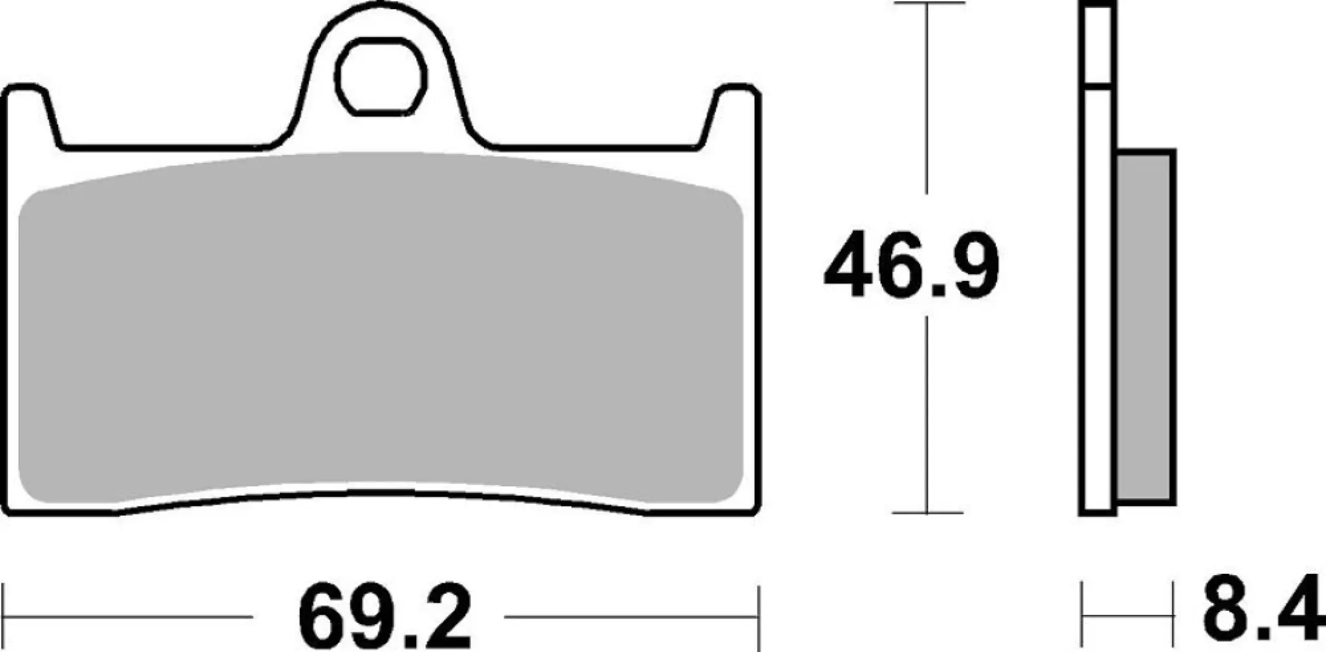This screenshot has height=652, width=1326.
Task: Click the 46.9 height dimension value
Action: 911,266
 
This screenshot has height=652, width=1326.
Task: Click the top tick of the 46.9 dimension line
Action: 927,4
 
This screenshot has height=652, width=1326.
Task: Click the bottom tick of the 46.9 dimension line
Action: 927,512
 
